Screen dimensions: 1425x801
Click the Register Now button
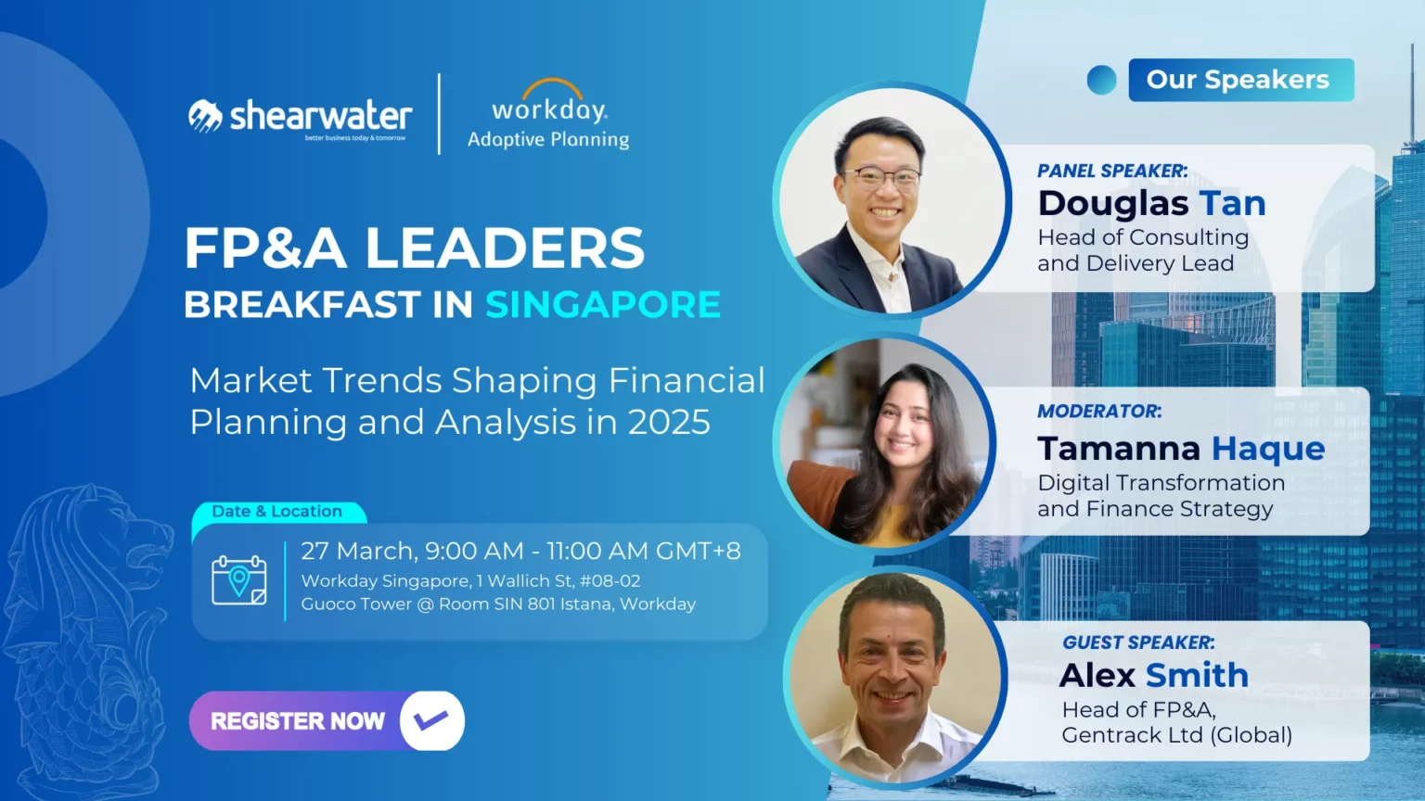(x=327, y=721)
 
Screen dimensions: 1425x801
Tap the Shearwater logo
(x=301, y=119)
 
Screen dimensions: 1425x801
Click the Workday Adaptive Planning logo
(x=548, y=114)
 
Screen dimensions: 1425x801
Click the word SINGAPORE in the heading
(x=603, y=304)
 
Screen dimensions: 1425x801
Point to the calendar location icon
(x=239, y=579)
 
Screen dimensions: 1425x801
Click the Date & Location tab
(x=277, y=511)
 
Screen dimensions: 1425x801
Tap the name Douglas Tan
(x=1151, y=203)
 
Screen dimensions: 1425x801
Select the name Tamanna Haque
(x=1181, y=448)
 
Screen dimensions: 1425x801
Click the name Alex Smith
(x=1154, y=675)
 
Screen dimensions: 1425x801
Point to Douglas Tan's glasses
(x=882, y=177)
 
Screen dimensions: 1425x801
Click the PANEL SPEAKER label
(x=1112, y=171)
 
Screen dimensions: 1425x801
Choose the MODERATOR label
(x=1100, y=411)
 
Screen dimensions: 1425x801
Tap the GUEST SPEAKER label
(x=1138, y=642)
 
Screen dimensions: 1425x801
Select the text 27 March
(x=359, y=552)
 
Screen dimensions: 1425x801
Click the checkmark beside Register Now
(x=432, y=720)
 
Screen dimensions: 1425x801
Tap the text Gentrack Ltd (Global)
(x=1177, y=735)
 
